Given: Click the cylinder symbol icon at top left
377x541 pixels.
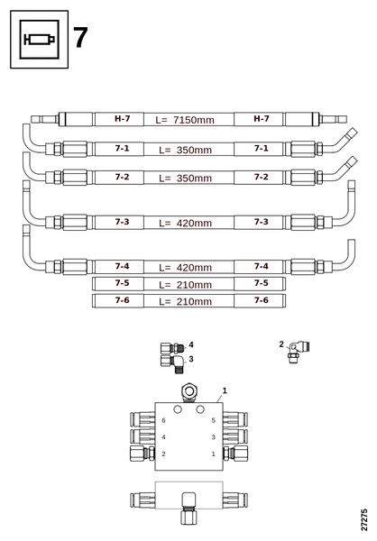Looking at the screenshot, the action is pos(39,40).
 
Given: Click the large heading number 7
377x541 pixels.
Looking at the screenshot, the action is pos(80,38).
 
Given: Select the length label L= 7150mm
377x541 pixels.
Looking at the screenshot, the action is pos(185,120).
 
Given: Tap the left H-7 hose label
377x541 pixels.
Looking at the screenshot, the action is pos(123,119).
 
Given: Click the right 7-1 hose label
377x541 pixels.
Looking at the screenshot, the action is pos(262,149).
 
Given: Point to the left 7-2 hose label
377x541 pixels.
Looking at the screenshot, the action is pos(123,177).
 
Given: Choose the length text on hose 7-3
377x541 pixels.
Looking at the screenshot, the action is pos(186,223).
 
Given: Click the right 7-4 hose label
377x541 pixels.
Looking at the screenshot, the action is pos(262,266).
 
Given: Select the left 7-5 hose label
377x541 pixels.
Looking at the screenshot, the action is pos(123,283).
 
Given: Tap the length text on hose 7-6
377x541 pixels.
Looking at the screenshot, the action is pos(186,301).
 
